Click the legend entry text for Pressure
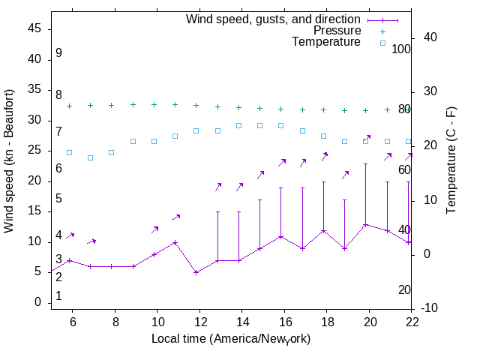point(337,31)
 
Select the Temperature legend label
point(326,42)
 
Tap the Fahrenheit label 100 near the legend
point(402,49)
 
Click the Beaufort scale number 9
point(58,53)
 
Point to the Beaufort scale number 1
point(58,296)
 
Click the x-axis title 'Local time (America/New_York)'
point(231,339)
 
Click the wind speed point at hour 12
point(196,272)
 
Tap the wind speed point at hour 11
point(175,242)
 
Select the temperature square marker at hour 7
point(90,157)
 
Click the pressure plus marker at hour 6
point(69,106)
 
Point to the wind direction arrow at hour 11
point(176,217)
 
